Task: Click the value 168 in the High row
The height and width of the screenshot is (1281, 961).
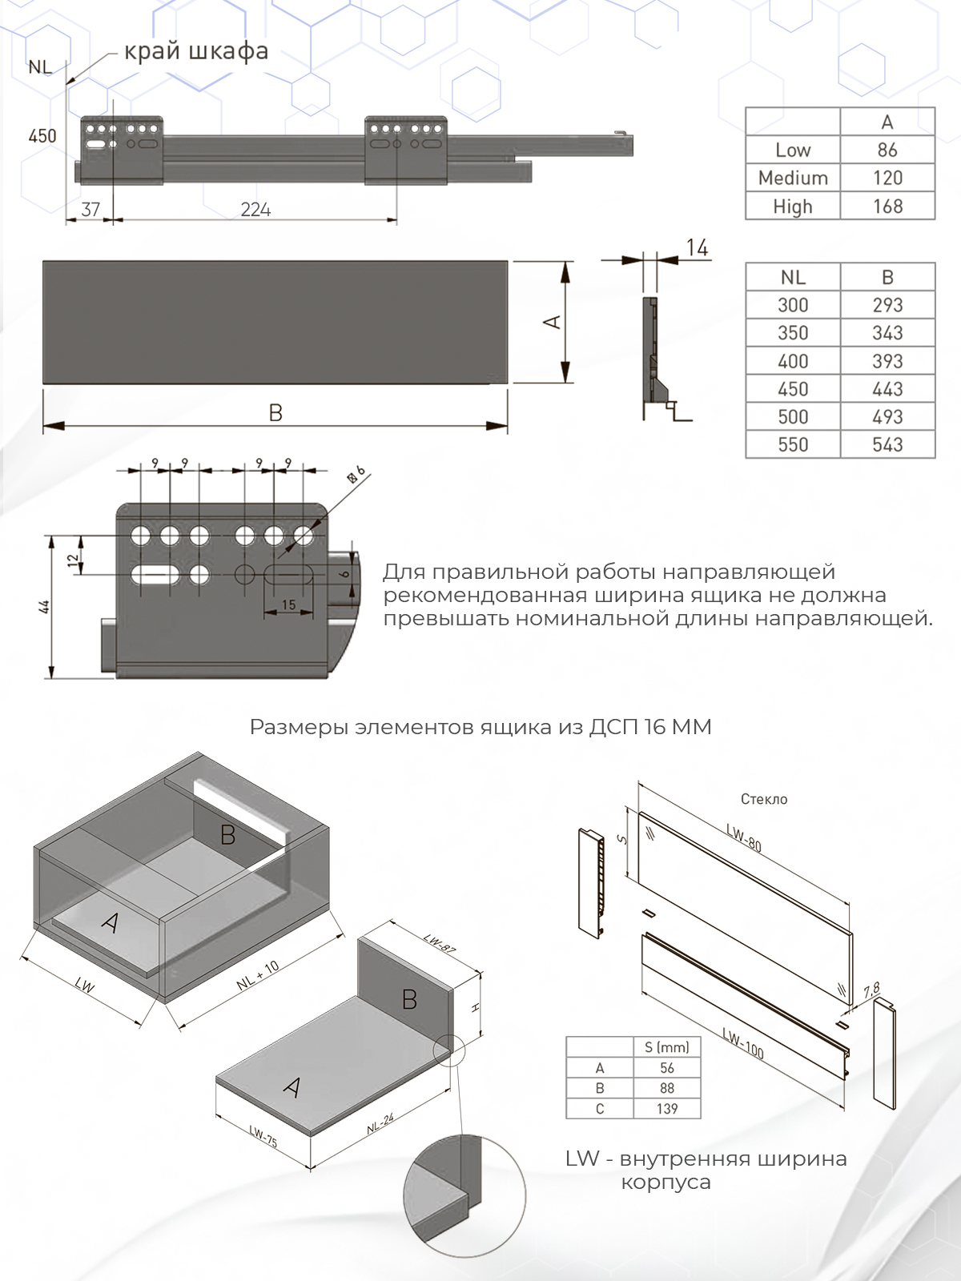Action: [887, 206]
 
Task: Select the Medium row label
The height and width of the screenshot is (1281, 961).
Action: [793, 178]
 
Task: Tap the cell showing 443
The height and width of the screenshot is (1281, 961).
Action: [887, 389]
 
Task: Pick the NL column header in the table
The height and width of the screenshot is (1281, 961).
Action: [793, 277]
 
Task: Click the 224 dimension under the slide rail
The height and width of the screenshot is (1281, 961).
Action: [255, 210]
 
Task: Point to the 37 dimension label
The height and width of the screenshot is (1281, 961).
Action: [90, 210]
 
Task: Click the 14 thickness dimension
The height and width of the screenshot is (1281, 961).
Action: [697, 248]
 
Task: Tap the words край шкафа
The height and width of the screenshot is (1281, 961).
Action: [196, 52]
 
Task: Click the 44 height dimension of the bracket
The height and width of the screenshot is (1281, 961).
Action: [46, 607]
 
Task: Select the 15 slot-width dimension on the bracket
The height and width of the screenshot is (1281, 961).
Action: [288, 605]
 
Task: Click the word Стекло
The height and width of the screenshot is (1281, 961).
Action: [764, 799]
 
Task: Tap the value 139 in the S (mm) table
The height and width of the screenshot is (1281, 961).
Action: [667, 1109]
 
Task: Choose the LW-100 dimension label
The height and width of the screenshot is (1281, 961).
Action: [743, 1042]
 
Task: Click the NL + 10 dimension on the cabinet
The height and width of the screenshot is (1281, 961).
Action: [258, 975]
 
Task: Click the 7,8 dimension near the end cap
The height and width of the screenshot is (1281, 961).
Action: [872, 991]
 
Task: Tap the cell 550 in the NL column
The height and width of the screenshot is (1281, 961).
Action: [793, 444]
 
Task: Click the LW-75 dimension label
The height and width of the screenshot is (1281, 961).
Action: [263, 1136]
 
